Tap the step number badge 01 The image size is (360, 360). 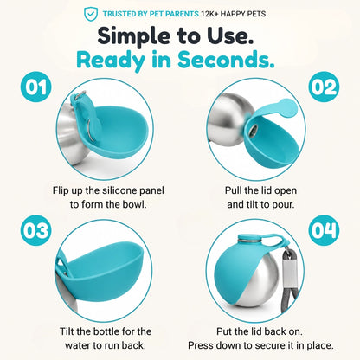pyautogui.click(x=35, y=87)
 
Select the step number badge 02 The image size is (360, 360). pyautogui.click(x=324, y=87)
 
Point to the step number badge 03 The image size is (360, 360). pyautogui.click(x=35, y=230)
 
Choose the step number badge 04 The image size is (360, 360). pyautogui.click(x=324, y=230)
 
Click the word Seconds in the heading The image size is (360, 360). pyautogui.click(x=226, y=60)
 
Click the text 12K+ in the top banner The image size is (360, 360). pyautogui.click(x=209, y=14)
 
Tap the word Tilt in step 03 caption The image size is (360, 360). pyautogui.click(x=67, y=331)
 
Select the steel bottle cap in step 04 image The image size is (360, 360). pyautogui.click(x=248, y=239)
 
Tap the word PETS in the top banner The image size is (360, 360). pyautogui.click(x=255, y=14)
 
